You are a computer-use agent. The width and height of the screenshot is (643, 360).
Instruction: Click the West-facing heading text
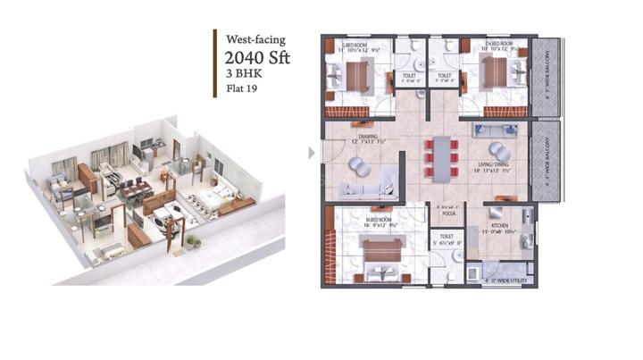click(256, 39)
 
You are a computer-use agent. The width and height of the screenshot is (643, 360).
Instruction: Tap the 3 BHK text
click(240, 76)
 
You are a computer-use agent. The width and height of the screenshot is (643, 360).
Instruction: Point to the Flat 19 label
click(240, 89)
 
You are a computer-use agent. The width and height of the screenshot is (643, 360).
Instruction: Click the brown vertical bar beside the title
click(215, 63)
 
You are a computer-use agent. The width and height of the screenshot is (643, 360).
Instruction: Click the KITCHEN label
click(498, 225)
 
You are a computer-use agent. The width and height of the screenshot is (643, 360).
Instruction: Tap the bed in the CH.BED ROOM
click(493, 75)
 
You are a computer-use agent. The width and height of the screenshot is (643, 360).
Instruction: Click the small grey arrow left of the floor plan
click(312, 153)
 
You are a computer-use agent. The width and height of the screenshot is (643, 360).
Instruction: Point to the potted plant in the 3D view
click(191, 240)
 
